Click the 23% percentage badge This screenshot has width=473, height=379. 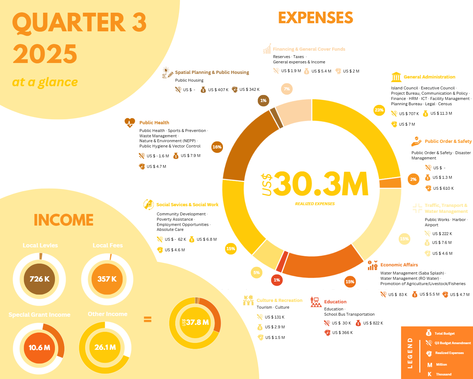379,110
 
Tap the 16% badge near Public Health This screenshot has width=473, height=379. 217,147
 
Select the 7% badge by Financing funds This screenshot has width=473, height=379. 287,89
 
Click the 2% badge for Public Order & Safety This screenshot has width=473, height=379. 413,179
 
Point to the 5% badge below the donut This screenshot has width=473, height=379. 256,273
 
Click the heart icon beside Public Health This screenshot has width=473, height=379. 130,123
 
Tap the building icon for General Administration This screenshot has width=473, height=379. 396,77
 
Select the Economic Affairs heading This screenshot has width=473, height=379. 399,265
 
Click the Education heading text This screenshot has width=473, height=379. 335,302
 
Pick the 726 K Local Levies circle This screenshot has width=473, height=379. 39,279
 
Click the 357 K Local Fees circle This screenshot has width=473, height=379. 107,279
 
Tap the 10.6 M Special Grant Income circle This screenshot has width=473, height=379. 39,348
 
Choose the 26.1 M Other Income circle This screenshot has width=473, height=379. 105,347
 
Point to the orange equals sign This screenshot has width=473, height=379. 148,320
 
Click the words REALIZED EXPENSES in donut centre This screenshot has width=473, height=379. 315,204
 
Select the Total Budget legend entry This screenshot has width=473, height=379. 444,334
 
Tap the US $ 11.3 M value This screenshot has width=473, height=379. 441,113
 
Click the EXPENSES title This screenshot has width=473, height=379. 316,18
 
